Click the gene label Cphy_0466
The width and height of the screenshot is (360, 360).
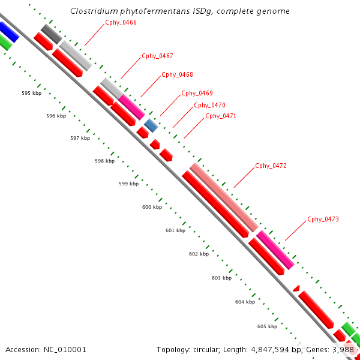tap(121, 22)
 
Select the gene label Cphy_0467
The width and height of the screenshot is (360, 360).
tap(157, 56)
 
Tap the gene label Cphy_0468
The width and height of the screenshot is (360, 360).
tap(177, 74)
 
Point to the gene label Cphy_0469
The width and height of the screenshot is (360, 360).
tap(197, 93)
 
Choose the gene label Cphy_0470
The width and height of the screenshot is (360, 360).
tap(209, 105)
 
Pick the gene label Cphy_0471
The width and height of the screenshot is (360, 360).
tap(221, 116)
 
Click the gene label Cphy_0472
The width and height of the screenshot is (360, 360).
tap(271, 166)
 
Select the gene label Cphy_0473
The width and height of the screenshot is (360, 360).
tap(323, 219)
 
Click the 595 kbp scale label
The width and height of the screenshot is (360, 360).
tap(31, 93)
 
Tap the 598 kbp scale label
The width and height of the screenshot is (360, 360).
tap(104, 161)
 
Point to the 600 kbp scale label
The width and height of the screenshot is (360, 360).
tap(152, 207)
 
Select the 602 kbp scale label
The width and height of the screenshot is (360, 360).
tap(199, 254)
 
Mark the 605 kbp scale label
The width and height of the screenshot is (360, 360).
tap(267, 326)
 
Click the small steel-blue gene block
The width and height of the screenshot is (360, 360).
tap(151, 125)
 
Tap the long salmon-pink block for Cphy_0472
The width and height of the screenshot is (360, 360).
tap(224, 197)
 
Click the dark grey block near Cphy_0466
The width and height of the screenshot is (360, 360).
tap(51, 34)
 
